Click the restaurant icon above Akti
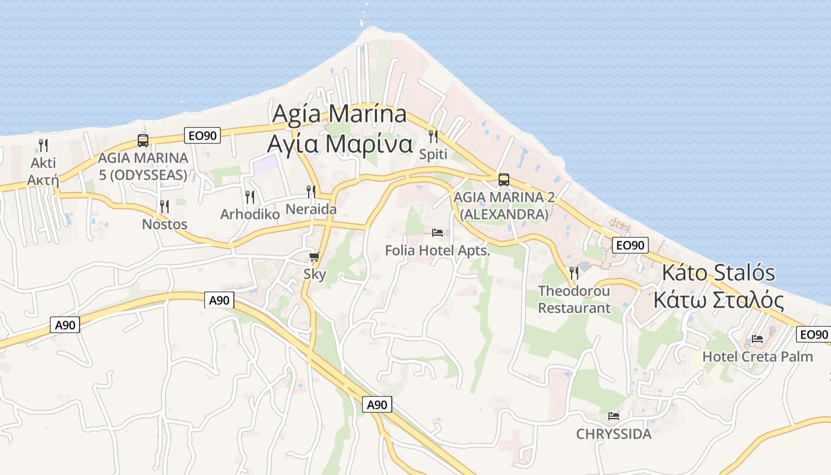(x=43, y=145)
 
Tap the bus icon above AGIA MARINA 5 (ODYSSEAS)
(x=143, y=141)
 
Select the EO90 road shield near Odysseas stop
(x=202, y=135)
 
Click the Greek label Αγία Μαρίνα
(x=340, y=143)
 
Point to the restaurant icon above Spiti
(x=433, y=137)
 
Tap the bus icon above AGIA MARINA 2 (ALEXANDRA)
(x=504, y=179)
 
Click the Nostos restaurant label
(x=164, y=224)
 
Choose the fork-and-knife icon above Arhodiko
(x=250, y=197)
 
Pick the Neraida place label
(x=311, y=209)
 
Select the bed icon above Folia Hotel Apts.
(x=437, y=232)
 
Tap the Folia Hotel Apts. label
(x=437, y=251)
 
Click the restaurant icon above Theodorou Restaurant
(x=574, y=273)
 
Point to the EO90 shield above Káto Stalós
(x=630, y=245)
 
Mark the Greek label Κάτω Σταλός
(x=718, y=300)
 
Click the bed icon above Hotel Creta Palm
(x=757, y=339)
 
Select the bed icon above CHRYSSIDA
(x=614, y=416)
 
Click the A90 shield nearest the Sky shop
(x=220, y=300)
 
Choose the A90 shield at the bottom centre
(x=377, y=405)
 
